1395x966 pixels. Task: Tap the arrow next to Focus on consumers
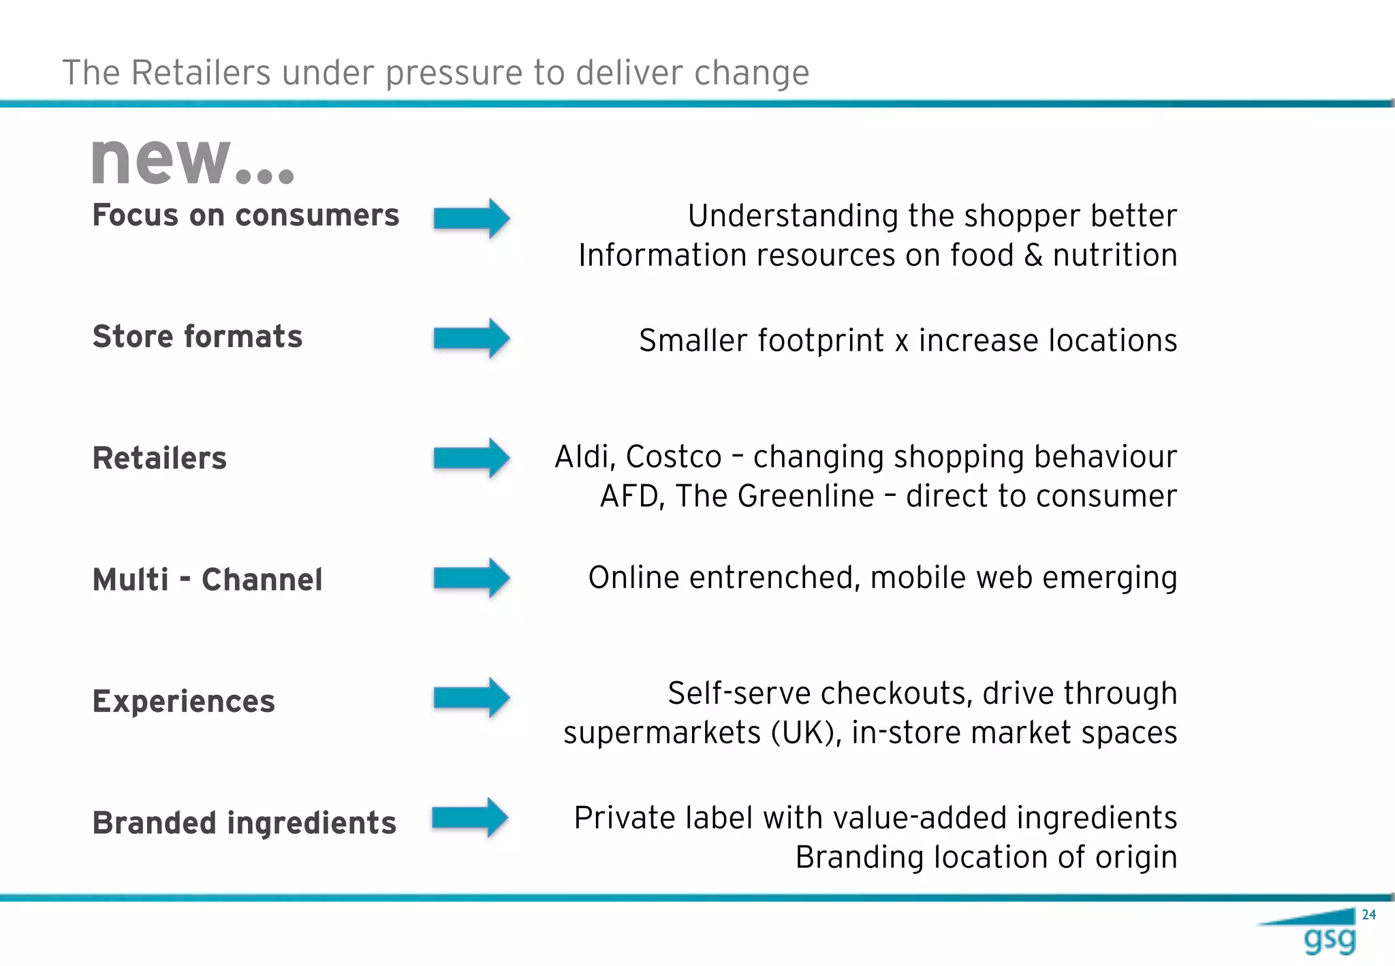tap(471, 219)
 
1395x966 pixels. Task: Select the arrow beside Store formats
tap(471, 338)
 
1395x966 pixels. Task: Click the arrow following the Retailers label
tap(471, 458)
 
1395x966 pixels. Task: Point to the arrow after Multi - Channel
tap(471, 578)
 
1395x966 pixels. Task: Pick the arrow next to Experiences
tap(471, 698)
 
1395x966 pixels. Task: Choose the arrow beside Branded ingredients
tap(470, 817)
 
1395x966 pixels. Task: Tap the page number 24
tap(1368, 915)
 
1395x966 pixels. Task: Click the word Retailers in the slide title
tap(201, 73)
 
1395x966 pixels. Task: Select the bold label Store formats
tap(198, 337)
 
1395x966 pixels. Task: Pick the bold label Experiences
tap(184, 701)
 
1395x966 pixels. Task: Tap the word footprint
tap(820, 341)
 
